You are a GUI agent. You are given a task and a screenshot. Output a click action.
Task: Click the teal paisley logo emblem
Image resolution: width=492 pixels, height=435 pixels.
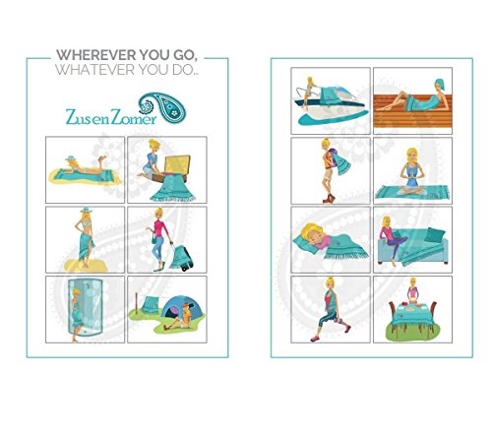click(162, 108)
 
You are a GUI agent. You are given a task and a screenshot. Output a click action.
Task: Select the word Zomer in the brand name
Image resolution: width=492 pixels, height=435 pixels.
click(134, 117)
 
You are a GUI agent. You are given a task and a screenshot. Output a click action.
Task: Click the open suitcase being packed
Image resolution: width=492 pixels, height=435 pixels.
click(173, 168)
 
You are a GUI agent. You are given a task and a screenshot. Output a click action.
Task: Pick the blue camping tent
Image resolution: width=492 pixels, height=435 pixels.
click(181, 308)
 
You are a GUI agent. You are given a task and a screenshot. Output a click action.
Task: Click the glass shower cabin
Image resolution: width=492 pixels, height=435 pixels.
click(85, 307)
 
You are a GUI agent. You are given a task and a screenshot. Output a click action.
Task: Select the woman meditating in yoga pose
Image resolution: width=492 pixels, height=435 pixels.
click(412, 172)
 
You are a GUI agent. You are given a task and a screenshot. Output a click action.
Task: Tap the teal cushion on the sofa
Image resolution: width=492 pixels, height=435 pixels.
click(434, 234)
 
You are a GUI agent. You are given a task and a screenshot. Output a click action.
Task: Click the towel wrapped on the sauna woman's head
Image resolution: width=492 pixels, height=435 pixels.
click(440, 85)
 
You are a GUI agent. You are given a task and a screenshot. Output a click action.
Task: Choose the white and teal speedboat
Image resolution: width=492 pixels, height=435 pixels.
click(330, 105)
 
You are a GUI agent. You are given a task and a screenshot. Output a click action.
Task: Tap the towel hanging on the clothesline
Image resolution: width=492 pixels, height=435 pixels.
click(151, 305)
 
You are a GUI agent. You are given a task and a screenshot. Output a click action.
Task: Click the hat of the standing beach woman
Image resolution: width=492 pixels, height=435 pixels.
click(87, 210)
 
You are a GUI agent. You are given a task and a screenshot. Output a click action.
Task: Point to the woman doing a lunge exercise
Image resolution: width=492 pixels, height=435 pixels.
click(330, 309)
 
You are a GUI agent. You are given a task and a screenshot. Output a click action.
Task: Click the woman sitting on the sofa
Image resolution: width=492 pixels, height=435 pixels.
click(392, 239)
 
